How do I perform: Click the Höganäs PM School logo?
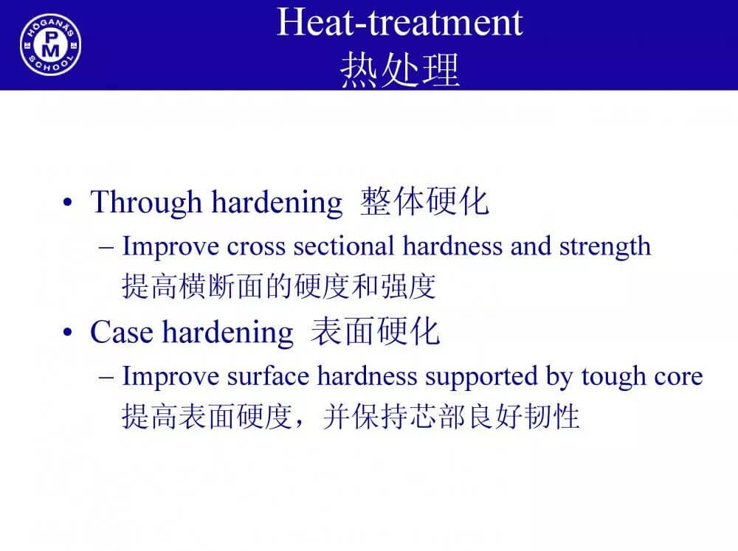(x=50, y=45)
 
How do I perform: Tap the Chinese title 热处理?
(x=399, y=69)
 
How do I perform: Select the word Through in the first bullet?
(x=146, y=203)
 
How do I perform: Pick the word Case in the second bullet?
(x=122, y=332)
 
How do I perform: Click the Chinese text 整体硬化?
(x=424, y=201)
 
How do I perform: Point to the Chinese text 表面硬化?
(x=375, y=332)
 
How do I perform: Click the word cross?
(x=256, y=246)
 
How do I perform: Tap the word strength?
(x=605, y=246)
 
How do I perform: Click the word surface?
(x=268, y=376)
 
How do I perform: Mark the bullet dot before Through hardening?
(x=68, y=203)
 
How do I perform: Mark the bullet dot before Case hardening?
(x=68, y=333)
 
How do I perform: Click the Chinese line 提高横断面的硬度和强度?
(x=279, y=286)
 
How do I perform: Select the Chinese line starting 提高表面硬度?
(x=351, y=416)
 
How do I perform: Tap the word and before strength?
(x=531, y=246)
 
